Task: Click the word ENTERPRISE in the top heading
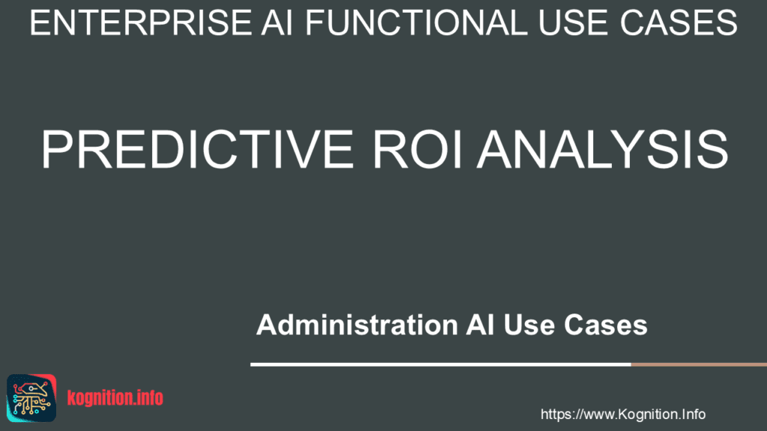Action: (141, 22)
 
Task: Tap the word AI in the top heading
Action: (277, 22)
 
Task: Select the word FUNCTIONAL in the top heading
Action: (416, 22)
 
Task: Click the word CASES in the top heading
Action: (679, 22)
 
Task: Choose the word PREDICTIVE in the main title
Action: (197, 149)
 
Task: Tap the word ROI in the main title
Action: (417, 149)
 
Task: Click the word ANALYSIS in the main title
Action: (603, 149)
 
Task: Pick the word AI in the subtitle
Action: (480, 325)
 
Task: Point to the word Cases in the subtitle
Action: (605, 325)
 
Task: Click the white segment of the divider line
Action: (440, 364)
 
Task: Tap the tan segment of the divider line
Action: (699, 364)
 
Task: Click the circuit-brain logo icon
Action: (31, 398)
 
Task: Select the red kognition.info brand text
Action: (115, 398)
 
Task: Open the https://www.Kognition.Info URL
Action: (622, 415)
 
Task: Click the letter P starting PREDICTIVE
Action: (55, 149)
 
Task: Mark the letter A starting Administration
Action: (266, 325)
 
